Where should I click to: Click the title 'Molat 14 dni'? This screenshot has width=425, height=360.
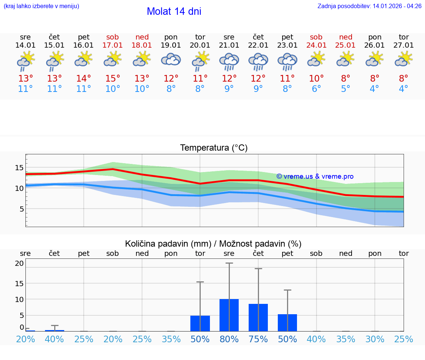pyautogui.click(x=174, y=11)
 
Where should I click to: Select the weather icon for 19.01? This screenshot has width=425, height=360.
pyautogui.click(x=171, y=60)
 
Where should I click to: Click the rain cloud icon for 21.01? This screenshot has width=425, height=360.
pyautogui.click(x=229, y=62)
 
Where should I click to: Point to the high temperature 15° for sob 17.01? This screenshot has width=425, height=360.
pyautogui.click(x=113, y=79)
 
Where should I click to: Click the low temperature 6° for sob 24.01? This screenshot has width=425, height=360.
pyautogui.click(x=316, y=89)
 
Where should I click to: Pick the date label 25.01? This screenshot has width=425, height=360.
pyautogui.click(x=346, y=45)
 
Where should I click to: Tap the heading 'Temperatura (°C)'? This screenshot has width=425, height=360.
pyautogui.click(x=214, y=148)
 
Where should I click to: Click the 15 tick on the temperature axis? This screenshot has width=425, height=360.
pyautogui.click(x=19, y=168)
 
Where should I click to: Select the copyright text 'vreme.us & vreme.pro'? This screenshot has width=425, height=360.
pyautogui.click(x=315, y=176)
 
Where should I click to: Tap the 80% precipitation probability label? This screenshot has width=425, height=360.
pyautogui.click(x=229, y=339)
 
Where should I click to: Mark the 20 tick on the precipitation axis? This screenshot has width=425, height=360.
pyautogui.click(x=19, y=263)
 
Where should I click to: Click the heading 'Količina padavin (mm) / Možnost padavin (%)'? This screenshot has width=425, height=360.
pyautogui.click(x=213, y=244)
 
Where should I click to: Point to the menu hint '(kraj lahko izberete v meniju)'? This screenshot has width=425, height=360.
pyautogui.click(x=41, y=6)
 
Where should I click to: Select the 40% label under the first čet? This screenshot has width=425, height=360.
pyautogui.click(x=55, y=339)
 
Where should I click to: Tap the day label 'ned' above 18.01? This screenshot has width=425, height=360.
pyautogui.click(x=142, y=37)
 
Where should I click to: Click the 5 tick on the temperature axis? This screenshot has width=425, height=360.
pyautogui.click(x=21, y=209)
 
